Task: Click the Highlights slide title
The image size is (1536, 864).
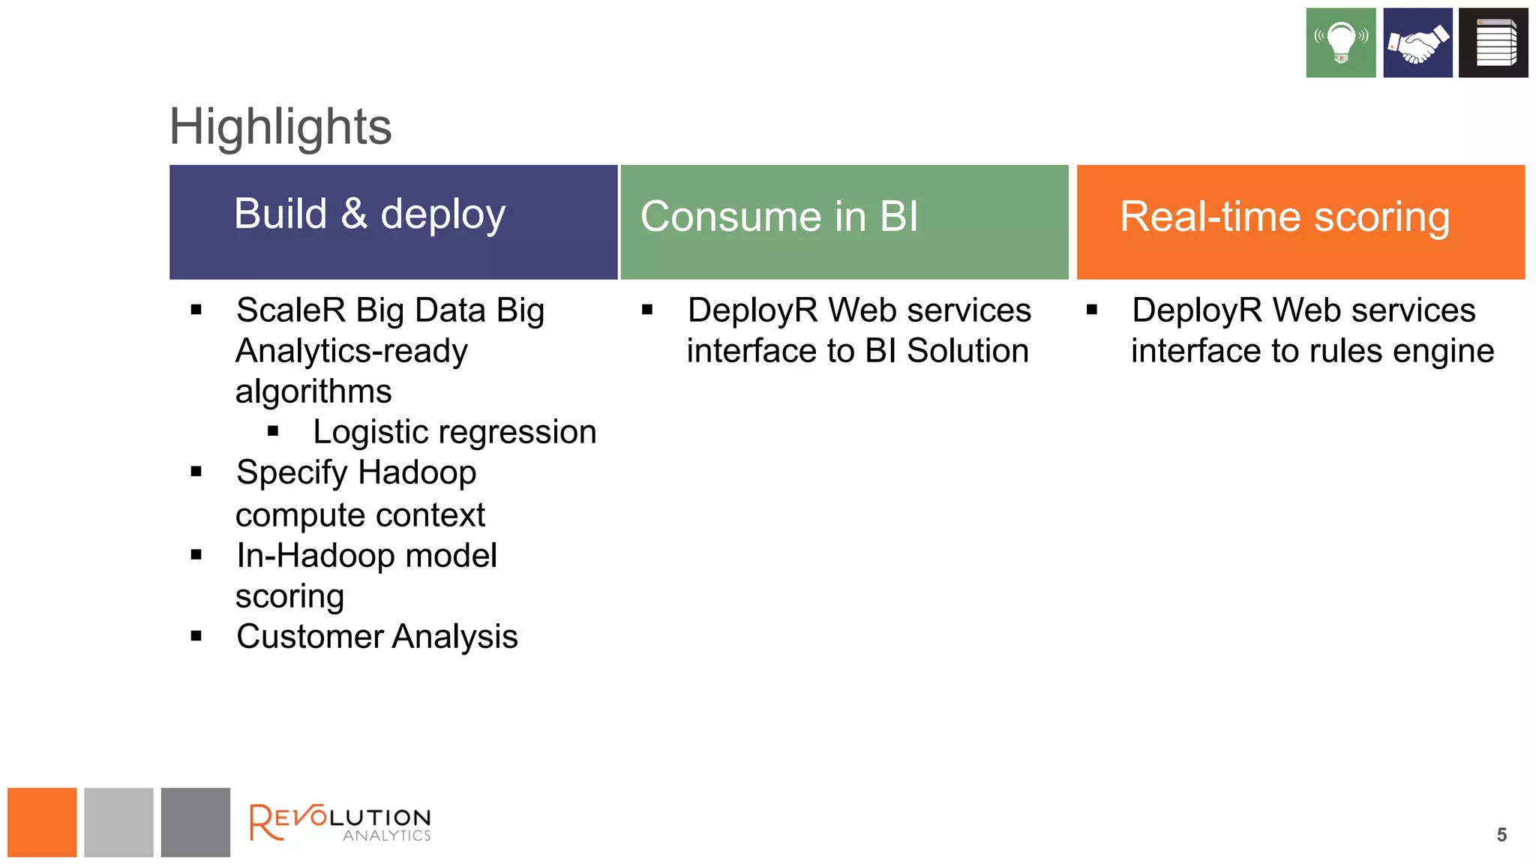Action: click(280, 127)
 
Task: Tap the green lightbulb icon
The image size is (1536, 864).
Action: click(1340, 43)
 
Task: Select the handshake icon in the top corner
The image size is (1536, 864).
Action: click(1417, 43)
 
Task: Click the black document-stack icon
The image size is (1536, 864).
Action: click(1493, 43)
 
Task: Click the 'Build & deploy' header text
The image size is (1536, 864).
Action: click(370, 214)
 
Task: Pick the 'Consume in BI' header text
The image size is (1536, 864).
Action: click(778, 217)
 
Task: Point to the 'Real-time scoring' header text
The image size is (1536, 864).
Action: click(1284, 217)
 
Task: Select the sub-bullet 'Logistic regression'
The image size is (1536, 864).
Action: click(454, 432)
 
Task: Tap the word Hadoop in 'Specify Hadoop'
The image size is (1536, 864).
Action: click(417, 473)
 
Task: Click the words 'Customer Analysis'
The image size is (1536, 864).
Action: click(376, 637)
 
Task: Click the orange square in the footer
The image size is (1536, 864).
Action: click(42, 822)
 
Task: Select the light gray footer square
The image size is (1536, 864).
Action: click(118, 822)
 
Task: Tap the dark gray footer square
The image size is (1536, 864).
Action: click(195, 822)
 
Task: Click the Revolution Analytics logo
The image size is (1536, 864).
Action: click(340, 823)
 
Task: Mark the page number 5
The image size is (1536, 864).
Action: click(1501, 835)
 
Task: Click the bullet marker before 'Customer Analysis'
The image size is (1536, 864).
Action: click(196, 637)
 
